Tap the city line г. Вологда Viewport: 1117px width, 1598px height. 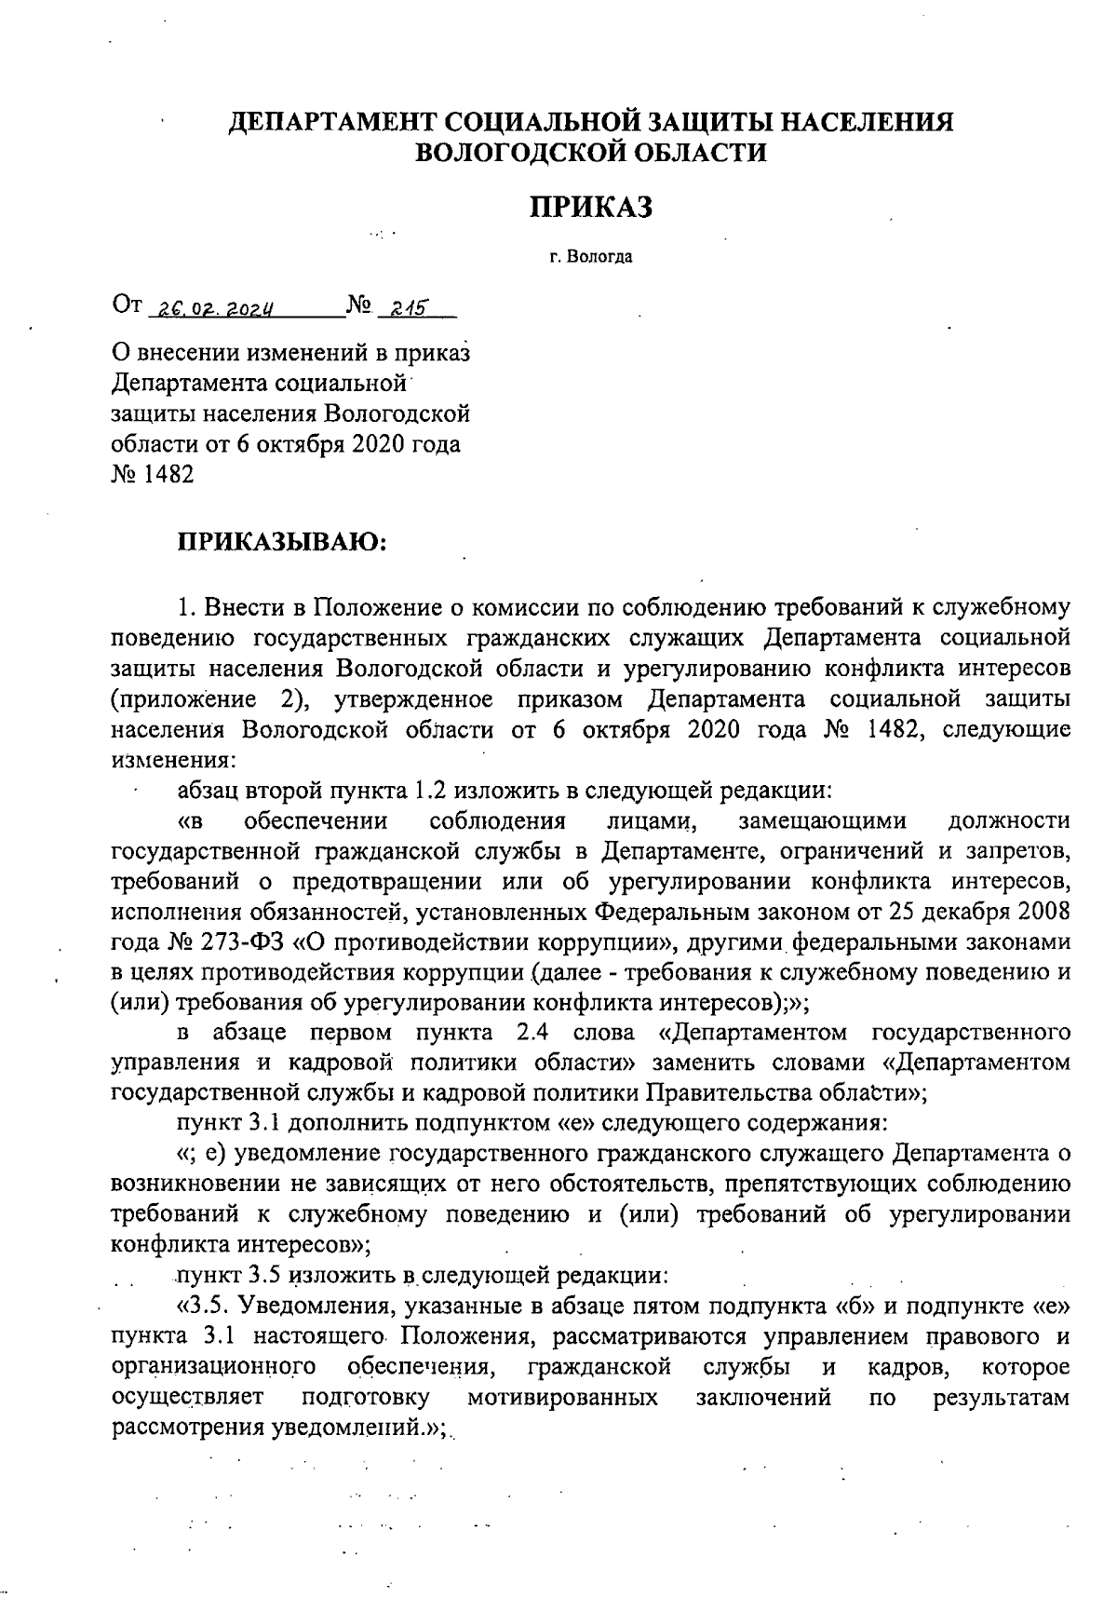pos(590,257)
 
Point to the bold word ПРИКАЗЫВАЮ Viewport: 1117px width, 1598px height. pos(281,542)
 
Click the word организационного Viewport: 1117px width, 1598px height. pos(209,1367)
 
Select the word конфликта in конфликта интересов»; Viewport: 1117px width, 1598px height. pos(169,1243)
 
